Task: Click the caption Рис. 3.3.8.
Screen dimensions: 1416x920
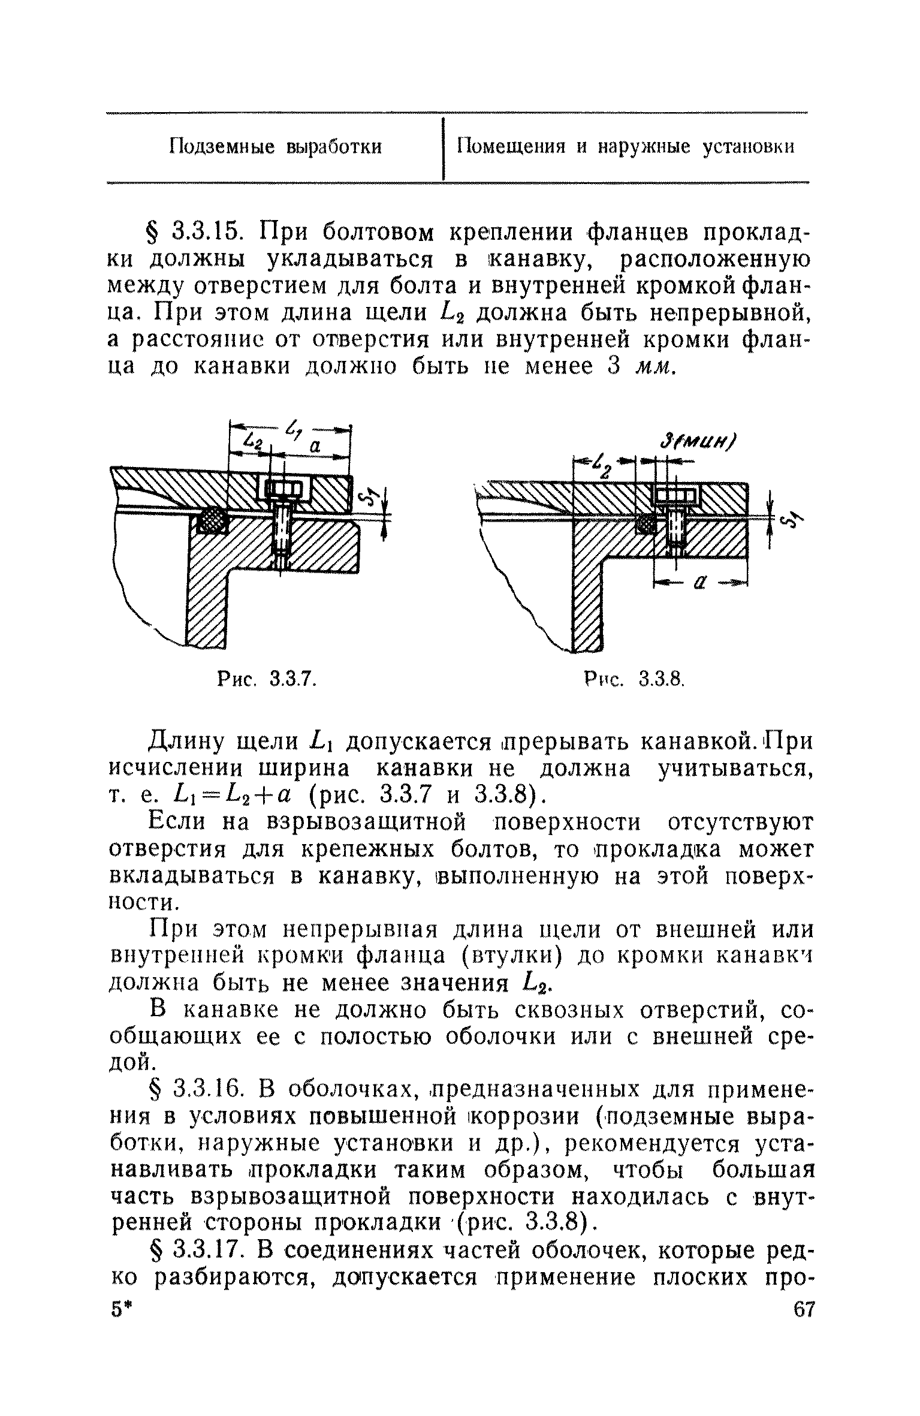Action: tap(634, 679)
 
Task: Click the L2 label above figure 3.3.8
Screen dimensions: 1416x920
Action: tap(601, 463)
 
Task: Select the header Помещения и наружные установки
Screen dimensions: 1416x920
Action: tap(626, 146)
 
